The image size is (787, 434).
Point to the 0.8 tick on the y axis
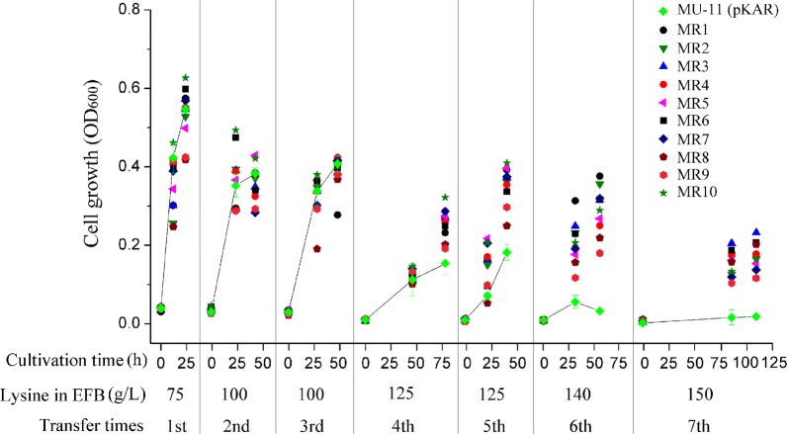tap(124, 9)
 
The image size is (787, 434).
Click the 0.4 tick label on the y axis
tap(124, 166)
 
